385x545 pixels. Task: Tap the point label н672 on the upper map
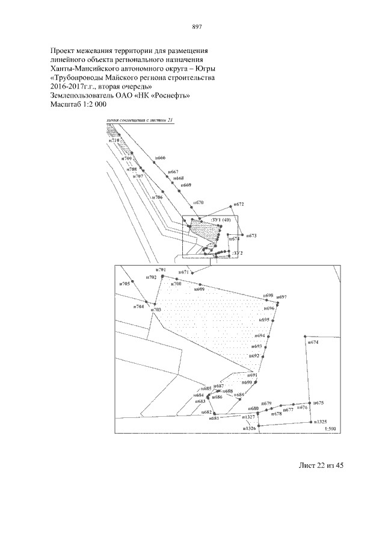238,205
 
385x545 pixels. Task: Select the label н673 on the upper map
251,236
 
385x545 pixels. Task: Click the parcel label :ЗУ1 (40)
221,220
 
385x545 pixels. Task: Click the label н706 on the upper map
157,197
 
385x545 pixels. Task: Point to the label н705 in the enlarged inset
125,284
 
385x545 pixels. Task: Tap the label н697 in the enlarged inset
282,297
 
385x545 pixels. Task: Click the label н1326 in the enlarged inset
249,429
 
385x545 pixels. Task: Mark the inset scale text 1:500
329,428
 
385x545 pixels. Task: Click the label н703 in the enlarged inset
156,310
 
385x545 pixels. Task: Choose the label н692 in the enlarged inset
255,356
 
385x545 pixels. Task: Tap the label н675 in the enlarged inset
319,402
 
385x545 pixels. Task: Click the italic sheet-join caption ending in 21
139,120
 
